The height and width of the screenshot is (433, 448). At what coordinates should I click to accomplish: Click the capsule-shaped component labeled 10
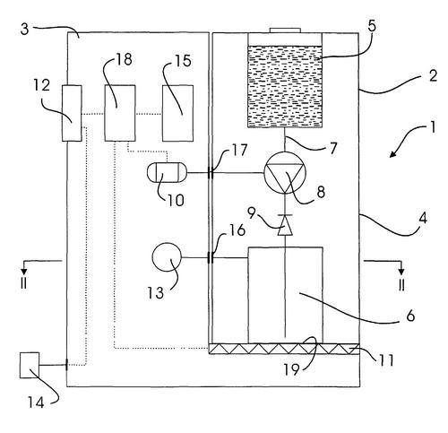167,173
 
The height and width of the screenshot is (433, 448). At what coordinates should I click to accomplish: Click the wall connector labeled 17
211,173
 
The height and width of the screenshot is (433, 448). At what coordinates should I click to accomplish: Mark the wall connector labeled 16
211,257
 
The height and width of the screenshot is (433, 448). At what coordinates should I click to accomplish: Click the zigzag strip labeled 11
284,349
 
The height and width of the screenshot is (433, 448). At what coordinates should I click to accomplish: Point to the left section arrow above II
24,262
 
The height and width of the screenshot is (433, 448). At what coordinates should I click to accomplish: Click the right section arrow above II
401,262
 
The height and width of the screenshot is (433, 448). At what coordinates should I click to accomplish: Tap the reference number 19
291,369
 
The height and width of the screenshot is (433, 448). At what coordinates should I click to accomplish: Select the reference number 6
410,316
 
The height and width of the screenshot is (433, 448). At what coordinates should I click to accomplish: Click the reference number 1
433,128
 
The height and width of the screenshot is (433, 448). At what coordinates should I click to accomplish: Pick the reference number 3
25,30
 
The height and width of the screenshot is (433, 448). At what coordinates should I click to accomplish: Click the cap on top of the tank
285,30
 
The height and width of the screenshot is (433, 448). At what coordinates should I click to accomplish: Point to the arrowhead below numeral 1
393,153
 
